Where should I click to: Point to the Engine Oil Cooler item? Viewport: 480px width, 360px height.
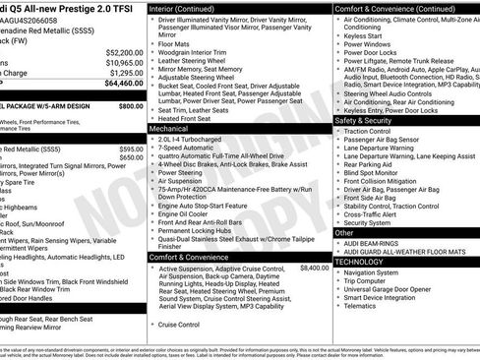(185, 213)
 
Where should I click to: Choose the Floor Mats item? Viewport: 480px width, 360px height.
(174, 43)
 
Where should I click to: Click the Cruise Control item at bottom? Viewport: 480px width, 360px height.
(179, 324)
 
